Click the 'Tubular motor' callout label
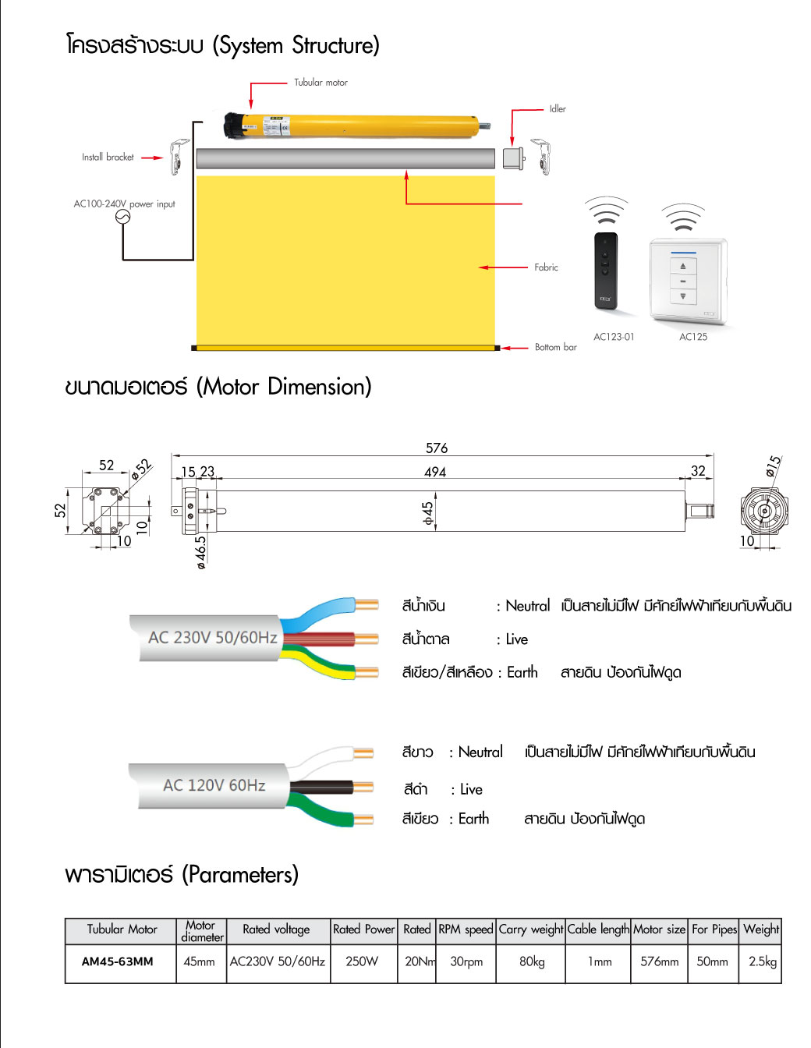tap(321, 82)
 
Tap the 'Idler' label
tap(557, 109)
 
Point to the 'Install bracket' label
tap(108, 157)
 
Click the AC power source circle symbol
tap(122, 218)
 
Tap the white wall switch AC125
tap(686, 281)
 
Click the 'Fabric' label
tap(546, 267)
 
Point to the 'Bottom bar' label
tap(555, 347)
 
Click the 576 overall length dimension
tap(437, 448)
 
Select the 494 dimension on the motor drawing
tap(435, 472)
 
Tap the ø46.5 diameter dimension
tap(201, 552)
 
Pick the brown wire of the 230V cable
tap(328, 639)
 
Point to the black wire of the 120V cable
tap(328, 786)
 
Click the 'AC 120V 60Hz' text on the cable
tap(214, 785)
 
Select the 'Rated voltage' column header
tap(276, 929)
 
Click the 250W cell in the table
tap(362, 961)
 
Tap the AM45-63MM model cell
tap(118, 961)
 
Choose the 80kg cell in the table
tap(532, 961)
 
